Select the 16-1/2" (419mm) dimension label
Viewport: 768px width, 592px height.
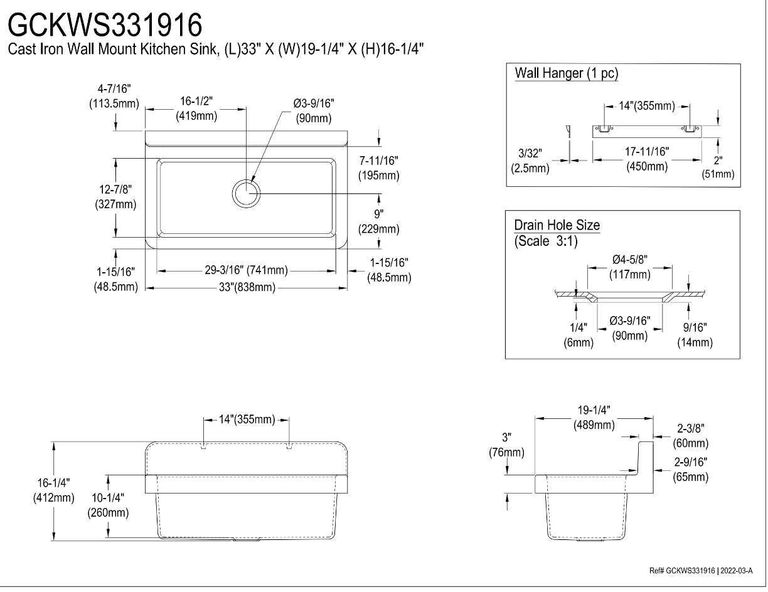coord(196,108)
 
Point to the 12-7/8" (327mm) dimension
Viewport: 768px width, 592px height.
coord(115,197)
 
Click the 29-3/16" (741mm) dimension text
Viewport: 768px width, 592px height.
coord(247,270)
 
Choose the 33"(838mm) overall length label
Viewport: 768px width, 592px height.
coord(247,287)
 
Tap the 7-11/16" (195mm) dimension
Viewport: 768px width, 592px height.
coord(378,168)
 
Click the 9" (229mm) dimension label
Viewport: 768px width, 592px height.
coord(378,221)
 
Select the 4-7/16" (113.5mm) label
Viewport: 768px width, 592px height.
coord(114,96)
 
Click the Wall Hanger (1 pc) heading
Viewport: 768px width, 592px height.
coord(567,73)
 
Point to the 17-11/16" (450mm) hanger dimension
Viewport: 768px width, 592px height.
coord(647,159)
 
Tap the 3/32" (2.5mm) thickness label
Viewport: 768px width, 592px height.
coord(530,161)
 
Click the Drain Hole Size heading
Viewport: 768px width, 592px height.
coord(557,225)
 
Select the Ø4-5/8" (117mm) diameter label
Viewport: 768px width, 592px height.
coord(630,267)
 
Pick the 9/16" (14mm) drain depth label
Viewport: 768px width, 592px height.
coord(695,335)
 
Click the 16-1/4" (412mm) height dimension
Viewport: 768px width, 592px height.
coord(54,490)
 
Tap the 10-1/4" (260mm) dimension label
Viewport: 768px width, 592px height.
coord(108,505)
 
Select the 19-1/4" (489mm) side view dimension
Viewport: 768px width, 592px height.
coord(594,417)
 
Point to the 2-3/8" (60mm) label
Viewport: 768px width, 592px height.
coord(691,435)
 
